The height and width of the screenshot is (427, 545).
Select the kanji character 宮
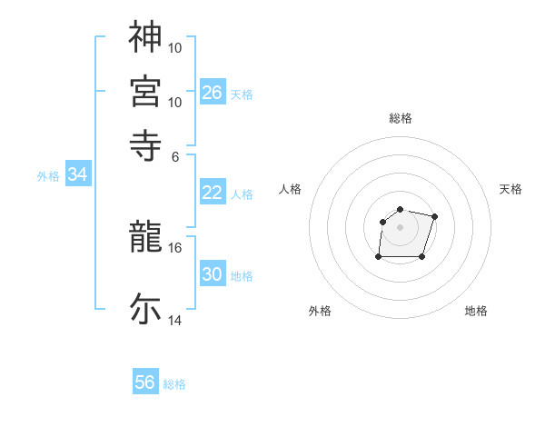pyautogui.click(x=145, y=90)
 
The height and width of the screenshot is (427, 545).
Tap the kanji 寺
pyautogui.click(x=145, y=143)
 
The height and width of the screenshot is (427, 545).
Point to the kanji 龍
pyautogui.click(x=145, y=238)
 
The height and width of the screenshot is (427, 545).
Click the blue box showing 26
pyautogui.click(x=213, y=92)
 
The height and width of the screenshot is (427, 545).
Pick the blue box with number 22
pyautogui.click(x=213, y=193)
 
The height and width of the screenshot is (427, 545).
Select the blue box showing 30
pyautogui.click(x=213, y=274)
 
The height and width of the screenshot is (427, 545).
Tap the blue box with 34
pyautogui.click(x=77, y=174)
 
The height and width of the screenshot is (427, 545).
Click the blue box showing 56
pyautogui.click(x=145, y=382)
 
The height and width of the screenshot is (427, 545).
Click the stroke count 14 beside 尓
pyautogui.click(x=175, y=321)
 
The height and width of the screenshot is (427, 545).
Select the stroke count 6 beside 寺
pyautogui.click(x=176, y=155)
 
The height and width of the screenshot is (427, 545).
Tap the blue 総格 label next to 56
pyautogui.click(x=174, y=384)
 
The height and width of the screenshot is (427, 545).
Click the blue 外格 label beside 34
pyautogui.click(x=48, y=176)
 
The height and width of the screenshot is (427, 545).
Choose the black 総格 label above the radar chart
pyautogui.click(x=400, y=118)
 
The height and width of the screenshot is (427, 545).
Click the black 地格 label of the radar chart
pyautogui.click(x=476, y=311)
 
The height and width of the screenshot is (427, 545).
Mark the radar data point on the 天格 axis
pyautogui.click(x=435, y=216)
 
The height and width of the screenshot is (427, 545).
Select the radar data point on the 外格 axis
pyautogui.click(x=378, y=257)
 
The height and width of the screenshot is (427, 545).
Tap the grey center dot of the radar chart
pyautogui.click(x=400, y=226)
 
